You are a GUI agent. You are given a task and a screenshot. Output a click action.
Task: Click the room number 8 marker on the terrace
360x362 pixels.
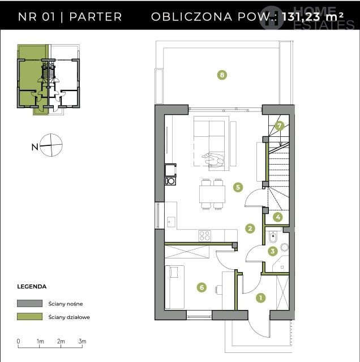(x=222, y=75)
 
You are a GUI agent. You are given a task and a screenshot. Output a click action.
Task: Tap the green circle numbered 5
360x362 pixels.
(x=238, y=187)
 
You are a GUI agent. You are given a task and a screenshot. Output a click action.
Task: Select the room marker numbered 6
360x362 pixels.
(x=202, y=287)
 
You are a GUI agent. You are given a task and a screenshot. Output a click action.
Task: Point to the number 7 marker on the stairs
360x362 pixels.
(x=280, y=126)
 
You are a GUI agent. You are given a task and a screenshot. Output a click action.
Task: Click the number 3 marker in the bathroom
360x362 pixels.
(x=273, y=251)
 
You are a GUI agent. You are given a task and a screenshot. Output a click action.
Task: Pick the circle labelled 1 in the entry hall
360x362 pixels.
(x=260, y=298)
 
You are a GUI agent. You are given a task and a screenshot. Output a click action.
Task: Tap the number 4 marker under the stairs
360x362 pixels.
(x=278, y=217)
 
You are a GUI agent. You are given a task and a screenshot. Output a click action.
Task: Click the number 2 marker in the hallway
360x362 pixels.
(x=250, y=229)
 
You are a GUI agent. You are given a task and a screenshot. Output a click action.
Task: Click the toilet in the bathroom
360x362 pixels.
(x=273, y=237)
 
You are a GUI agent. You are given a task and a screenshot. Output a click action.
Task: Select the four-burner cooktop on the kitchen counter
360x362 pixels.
(x=205, y=236)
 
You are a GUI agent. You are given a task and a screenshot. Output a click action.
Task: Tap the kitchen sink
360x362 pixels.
(x=171, y=222)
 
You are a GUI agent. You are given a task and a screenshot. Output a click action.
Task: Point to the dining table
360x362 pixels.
(x=212, y=194)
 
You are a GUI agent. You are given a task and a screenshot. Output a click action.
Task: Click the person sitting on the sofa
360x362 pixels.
(x=213, y=160)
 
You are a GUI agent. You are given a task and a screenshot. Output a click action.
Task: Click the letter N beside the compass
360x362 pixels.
(x=35, y=147)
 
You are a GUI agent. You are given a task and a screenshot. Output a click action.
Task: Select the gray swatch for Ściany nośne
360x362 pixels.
(x=29, y=303)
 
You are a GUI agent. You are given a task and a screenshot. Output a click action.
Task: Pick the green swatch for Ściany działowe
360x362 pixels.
(x=29, y=317)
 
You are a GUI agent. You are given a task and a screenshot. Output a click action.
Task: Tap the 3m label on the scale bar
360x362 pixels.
(x=82, y=341)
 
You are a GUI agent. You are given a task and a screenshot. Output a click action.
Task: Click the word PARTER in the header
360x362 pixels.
(x=96, y=16)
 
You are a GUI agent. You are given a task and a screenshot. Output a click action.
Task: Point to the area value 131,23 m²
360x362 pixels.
(x=312, y=16)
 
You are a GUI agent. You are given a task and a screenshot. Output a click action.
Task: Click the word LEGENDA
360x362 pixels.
(x=32, y=287)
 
